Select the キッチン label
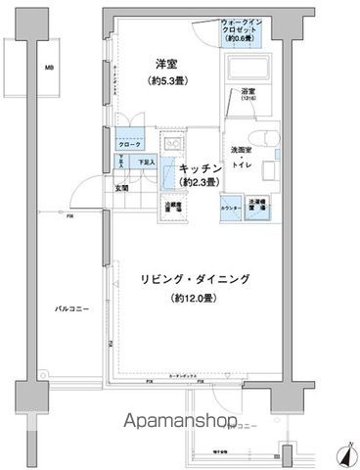point(200,168)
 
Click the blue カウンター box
point(231,209)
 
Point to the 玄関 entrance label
point(123,188)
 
